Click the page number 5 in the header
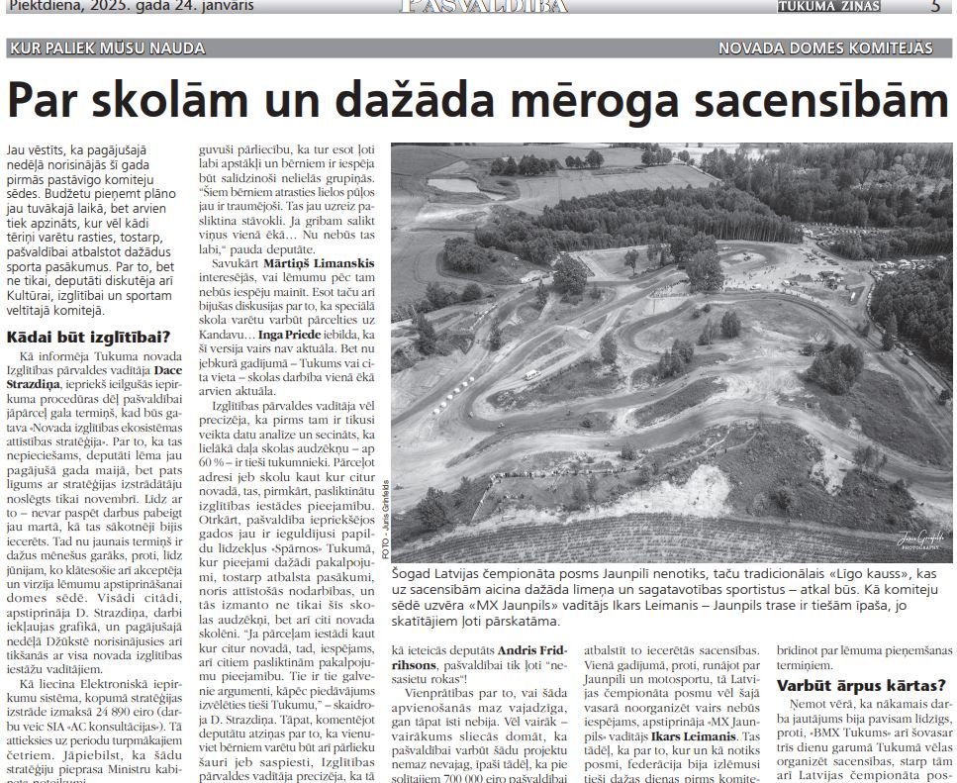(x=935, y=6)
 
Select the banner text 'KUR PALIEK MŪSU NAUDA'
(x=107, y=48)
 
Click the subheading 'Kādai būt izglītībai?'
(x=88, y=337)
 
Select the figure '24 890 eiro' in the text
(x=118, y=711)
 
